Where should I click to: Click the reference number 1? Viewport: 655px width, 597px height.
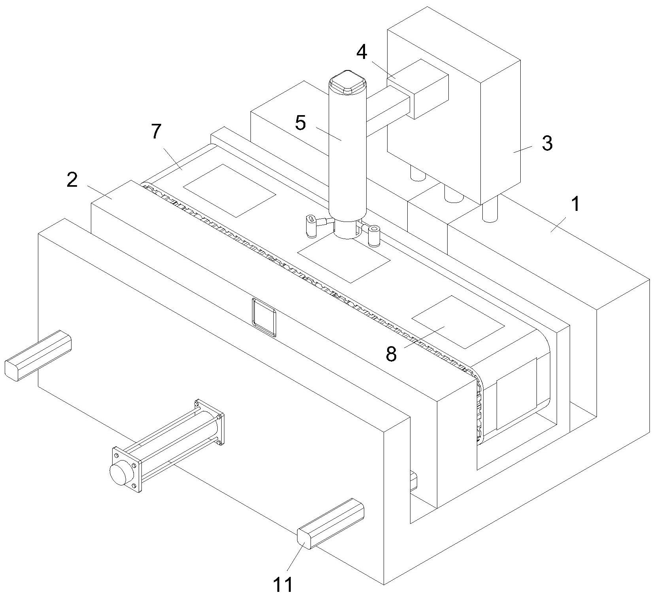point(576,205)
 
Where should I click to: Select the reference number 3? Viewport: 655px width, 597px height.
point(547,143)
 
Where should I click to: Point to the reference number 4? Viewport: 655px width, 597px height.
point(362,52)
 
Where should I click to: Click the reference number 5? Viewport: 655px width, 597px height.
point(301,123)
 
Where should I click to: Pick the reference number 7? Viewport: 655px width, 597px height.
point(156,131)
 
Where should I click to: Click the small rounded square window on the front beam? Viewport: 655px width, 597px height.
point(264,317)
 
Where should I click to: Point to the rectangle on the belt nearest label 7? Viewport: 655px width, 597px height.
point(229,191)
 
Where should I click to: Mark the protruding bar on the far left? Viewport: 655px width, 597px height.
point(38,355)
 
